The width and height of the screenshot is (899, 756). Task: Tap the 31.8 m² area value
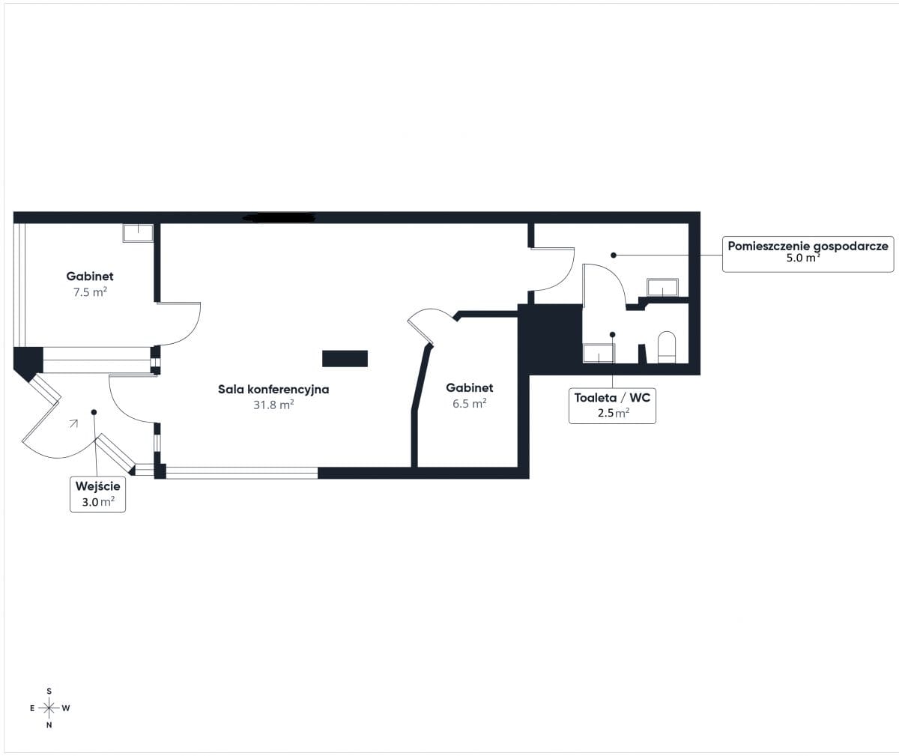[x=273, y=405]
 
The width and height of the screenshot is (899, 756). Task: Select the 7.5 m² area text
[x=90, y=292]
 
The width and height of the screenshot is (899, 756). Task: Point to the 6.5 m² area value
[x=469, y=403]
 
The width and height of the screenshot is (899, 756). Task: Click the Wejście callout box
[x=97, y=494]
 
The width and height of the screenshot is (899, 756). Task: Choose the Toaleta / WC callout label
[x=612, y=398]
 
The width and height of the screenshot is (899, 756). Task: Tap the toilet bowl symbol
[x=667, y=347]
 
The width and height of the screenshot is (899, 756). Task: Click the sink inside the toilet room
[x=599, y=353]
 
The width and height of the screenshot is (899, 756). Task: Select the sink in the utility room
[x=662, y=287]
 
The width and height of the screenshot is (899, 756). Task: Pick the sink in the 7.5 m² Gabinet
[x=138, y=233]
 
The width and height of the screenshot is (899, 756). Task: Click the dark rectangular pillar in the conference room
[x=345, y=359]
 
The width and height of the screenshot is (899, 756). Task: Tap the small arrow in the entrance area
[x=73, y=423]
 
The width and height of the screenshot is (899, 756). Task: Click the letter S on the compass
[x=49, y=691]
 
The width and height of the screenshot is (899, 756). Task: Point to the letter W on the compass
[x=66, y=708]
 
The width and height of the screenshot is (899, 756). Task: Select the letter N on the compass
[x=49, y=725]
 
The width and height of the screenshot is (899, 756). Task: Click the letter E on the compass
[x=32, y=708]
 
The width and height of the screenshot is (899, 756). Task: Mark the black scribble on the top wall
[x=279, y=217]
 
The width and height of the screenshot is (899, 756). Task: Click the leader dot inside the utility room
[x=614, y=255]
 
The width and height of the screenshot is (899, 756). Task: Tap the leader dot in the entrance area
[x=94, y=412]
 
